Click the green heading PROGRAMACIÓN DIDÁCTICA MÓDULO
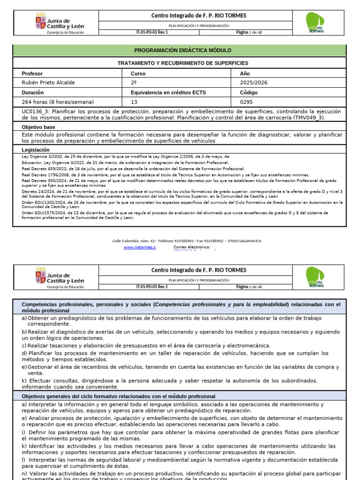(182, 50)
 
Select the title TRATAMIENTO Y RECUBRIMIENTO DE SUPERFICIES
(182, 63)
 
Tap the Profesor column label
(32, 74)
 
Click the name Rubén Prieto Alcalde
(48, 83)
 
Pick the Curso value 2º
(134, 83)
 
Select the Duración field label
(33, 92)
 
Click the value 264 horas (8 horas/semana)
(58, 102)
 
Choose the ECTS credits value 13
(134, 102)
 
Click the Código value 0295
(246, 102)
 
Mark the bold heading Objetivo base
(38, 127)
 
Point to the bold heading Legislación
(36, 150)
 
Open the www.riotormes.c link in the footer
(140, 247)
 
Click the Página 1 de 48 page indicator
(252, 32)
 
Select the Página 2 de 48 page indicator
(252, 286)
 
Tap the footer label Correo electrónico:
(192, 247)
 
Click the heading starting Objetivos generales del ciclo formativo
(119, 396)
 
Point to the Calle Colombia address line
(187, 241)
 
